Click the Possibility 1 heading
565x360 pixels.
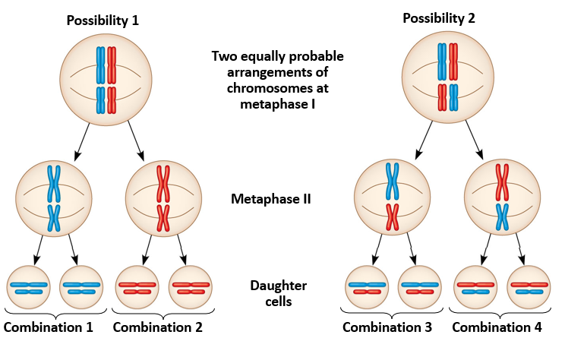(x=103, y=19)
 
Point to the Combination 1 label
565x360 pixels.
(x=49, y=328)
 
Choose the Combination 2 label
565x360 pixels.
(x=159, y=328)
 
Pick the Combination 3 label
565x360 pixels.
(x=387, y=328)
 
